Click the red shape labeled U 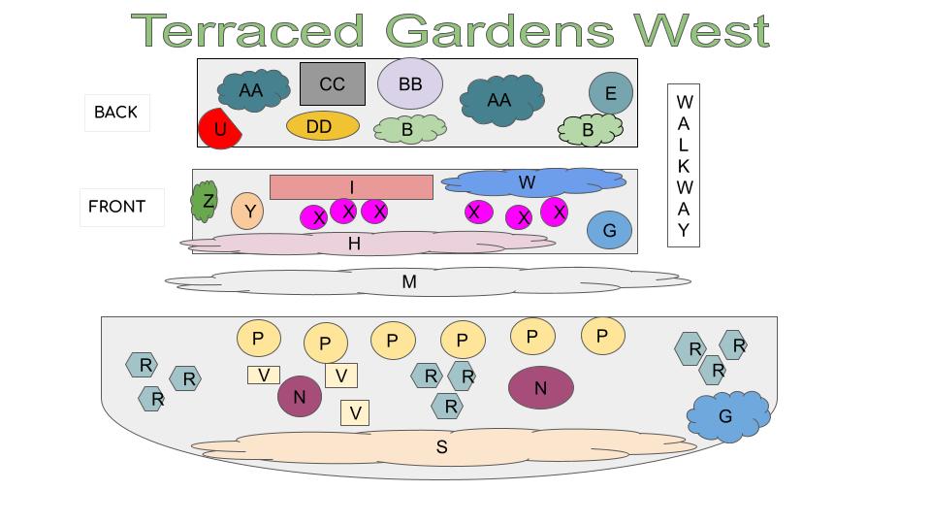point(219,129)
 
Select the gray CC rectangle point(332,83)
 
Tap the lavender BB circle point(410,83)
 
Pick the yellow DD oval point(322,125)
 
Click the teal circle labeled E point(610,93)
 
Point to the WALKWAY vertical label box point(684,166)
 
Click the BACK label point(116,112)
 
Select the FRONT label point(117,207)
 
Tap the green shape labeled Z point(206,202)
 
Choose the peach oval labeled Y point(247,211)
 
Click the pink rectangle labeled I point(351,186)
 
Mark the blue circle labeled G point(609,230)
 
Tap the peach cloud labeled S point(441,446)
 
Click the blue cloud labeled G point(727,415)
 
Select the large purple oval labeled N point(540,388)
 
